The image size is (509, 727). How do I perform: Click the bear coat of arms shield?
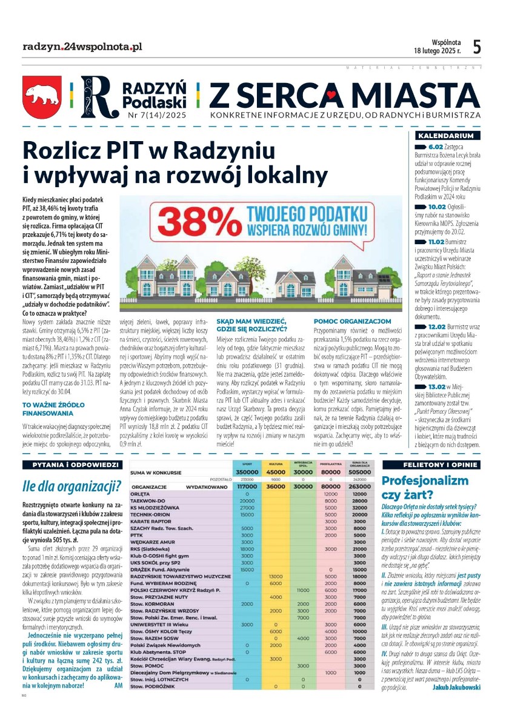pos(42,96)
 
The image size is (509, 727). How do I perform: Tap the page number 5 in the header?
pos(477,47)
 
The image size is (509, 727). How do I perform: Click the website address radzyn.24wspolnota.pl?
pos(82,47)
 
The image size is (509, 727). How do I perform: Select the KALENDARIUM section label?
pos(447,136)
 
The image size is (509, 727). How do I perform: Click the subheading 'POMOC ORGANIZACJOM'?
pos(352,320)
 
